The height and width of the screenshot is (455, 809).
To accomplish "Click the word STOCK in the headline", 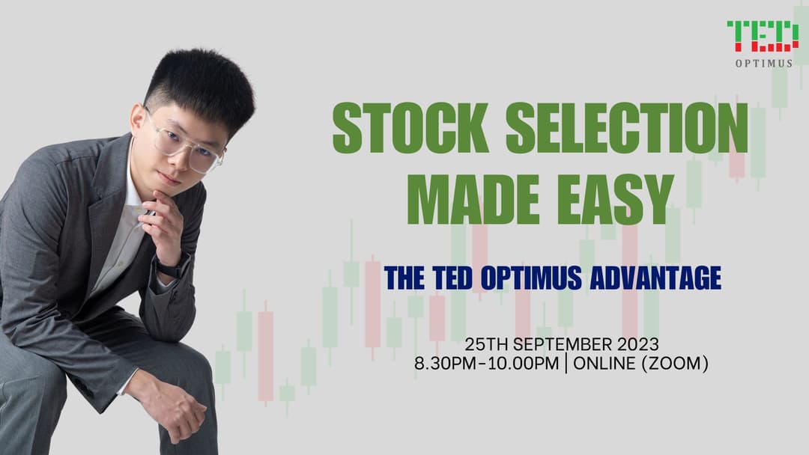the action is point(410,127).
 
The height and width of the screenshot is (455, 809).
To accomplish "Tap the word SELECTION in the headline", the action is point(627,127).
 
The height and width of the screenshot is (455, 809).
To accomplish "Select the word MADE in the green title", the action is point(473,199).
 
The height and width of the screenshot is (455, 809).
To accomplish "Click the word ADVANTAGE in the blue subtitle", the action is point(655,278).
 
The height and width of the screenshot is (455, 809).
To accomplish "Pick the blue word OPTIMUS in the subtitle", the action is point(531,278).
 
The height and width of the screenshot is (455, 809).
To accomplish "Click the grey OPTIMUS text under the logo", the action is point(764,64).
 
